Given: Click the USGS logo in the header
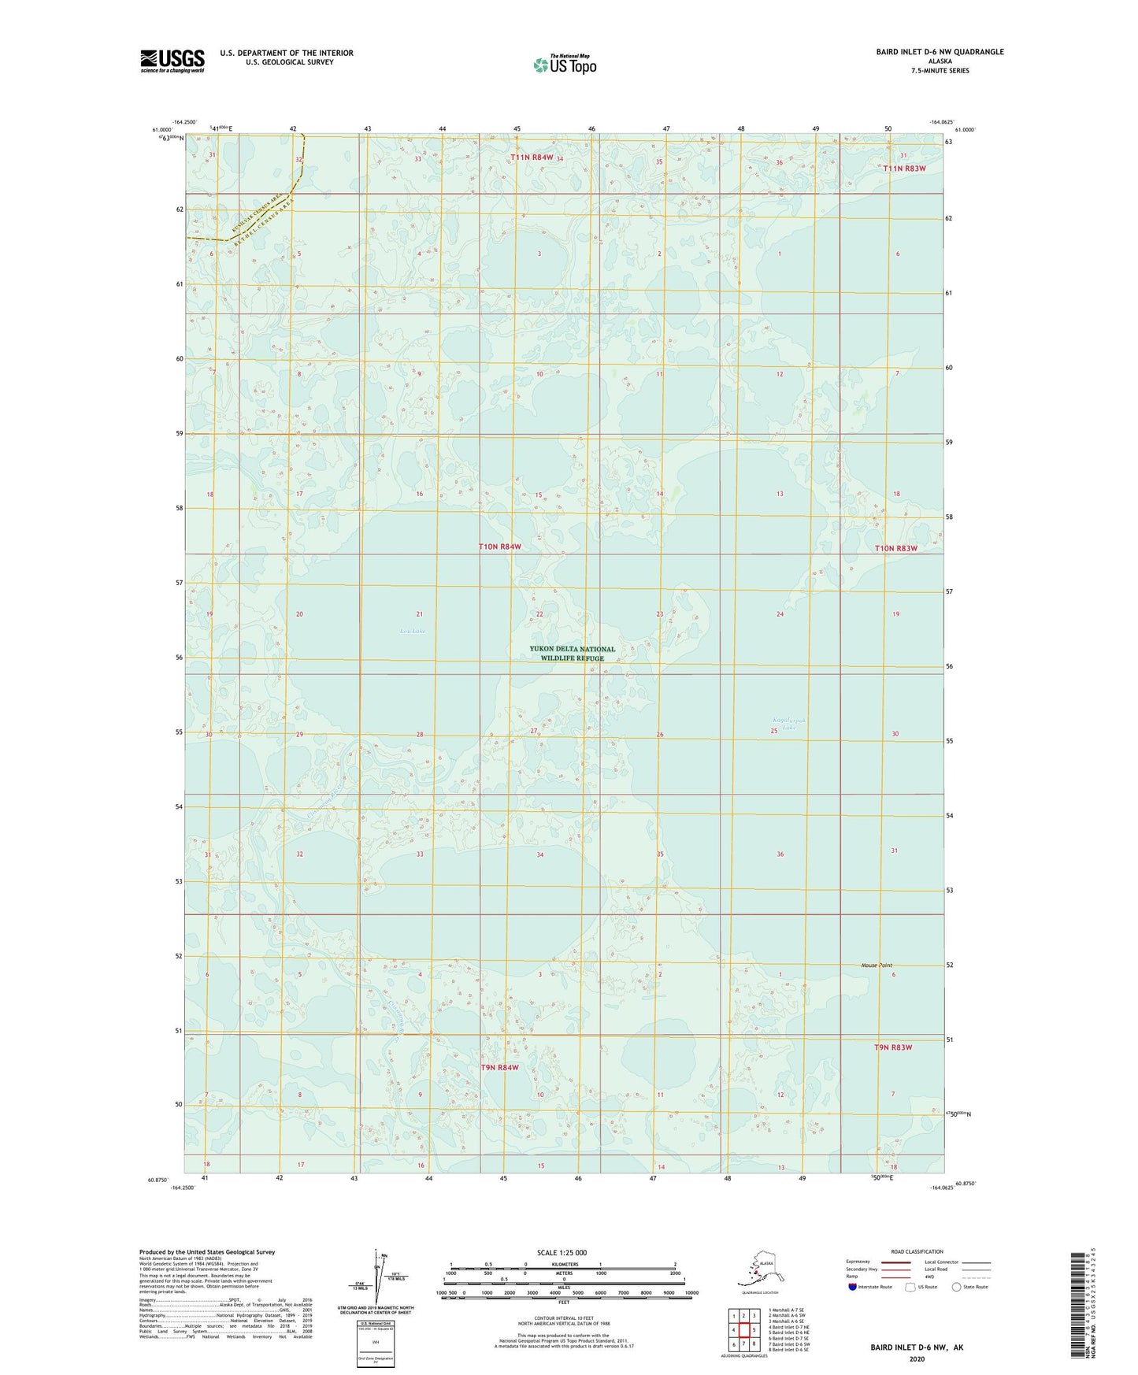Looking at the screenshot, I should [172, 61].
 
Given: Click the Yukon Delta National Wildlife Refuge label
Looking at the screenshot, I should [573, 654].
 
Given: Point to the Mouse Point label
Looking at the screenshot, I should [877, 965].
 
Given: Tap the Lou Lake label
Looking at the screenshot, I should [412, 631].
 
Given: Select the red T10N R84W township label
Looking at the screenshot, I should [500, 547].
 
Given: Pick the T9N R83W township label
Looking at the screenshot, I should [893, 1047].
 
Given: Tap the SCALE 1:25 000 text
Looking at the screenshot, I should [562, 1252].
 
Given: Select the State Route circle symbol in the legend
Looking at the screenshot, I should [957, 1287].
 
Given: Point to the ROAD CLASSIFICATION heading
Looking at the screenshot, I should [917, 1251].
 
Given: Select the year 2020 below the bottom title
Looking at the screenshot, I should [916, 1358].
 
